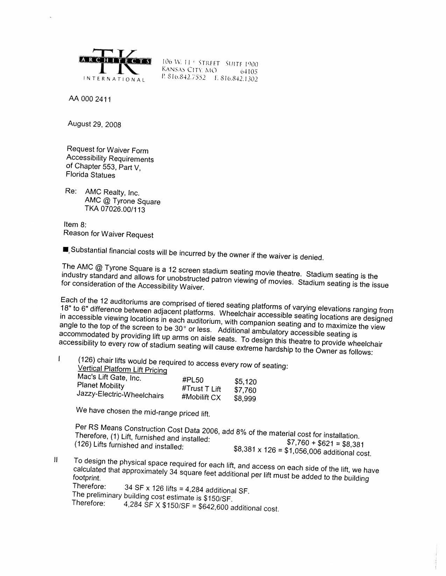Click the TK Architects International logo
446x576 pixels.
[x=116, y=65]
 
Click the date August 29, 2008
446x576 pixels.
[x=94, y=124]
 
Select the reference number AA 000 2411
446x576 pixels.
[x=90, y=99]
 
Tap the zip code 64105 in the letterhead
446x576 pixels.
[x=249, y=72]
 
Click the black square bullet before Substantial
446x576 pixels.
[x=65, y=249]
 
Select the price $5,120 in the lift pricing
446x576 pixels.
[x=245, y=381]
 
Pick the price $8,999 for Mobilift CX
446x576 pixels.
[x=245, y=399]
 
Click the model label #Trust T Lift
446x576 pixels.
[x=201, y=389]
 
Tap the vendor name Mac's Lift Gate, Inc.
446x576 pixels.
[x=109, y=378]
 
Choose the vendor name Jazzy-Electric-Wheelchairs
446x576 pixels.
[x=120, y=395]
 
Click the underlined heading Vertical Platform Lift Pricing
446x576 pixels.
[x=122, y=369]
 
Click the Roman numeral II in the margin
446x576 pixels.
[x=56, y=460]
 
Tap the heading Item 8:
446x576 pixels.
[x=75, y=224]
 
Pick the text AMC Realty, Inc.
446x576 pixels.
[x=112, y=192]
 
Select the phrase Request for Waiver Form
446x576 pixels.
[x=107, y=150]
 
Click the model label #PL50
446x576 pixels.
[x=193, y=380]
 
